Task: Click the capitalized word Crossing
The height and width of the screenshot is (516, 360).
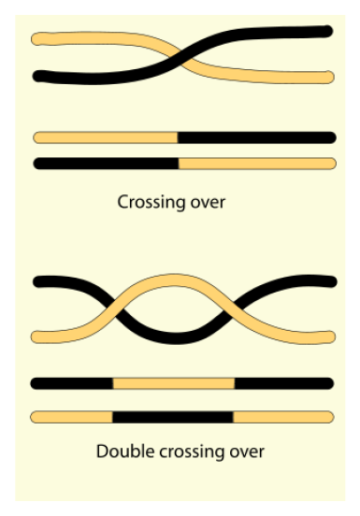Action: tap(144, 202)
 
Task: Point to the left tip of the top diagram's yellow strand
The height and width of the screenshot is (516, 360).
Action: tap(37, 40)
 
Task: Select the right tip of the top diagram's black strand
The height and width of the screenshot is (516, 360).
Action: tap(327, 31)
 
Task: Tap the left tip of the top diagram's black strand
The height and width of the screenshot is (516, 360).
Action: tap(38, 77)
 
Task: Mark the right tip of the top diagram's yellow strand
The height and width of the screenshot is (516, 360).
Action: tap(328, 76)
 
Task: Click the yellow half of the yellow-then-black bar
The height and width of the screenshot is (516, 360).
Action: tap(105, 137)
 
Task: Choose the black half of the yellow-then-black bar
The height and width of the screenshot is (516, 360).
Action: tap(256, 137)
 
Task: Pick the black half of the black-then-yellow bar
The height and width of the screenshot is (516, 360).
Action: tap(105, 163)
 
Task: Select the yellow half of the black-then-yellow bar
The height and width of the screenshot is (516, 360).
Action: tap(256, 163)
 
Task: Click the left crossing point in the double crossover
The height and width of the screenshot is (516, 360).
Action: tap(121, 307)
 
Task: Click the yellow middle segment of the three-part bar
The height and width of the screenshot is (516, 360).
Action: tap(173, 383)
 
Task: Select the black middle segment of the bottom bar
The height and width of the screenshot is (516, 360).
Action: tap(173, 417)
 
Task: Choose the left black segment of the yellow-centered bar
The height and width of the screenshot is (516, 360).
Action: tap(72, 383)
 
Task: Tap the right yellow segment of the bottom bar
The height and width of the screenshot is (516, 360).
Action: tap(282, 417)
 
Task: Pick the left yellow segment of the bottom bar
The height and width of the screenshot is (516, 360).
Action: tap(72, 417)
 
